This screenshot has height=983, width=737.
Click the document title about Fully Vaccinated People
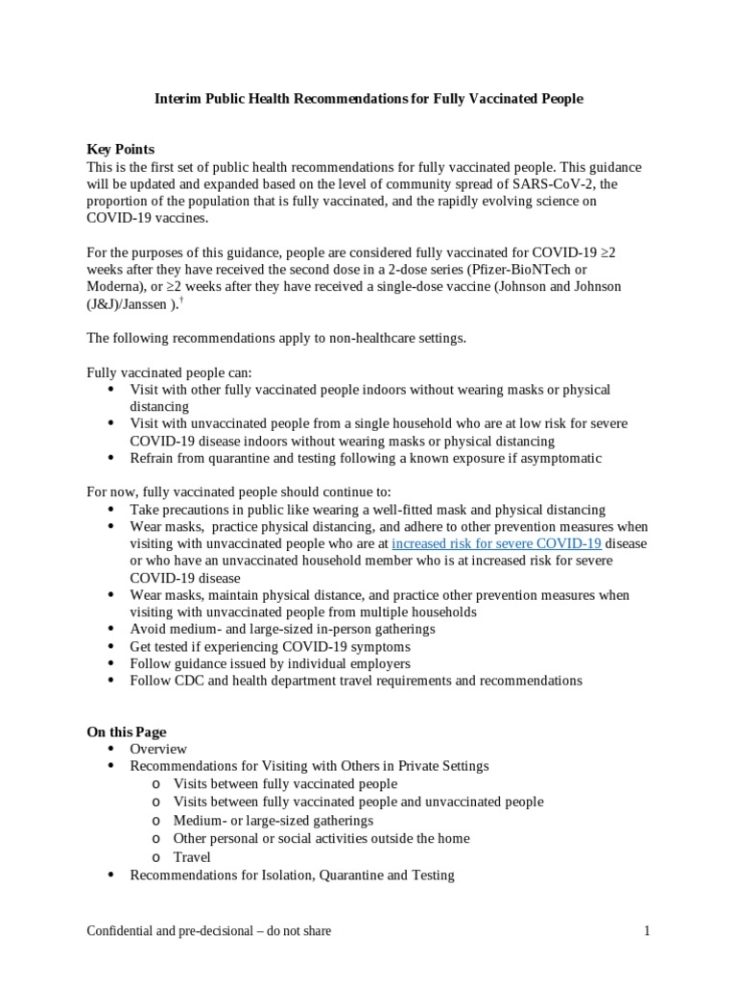pyautogui.click(x=368, y=99)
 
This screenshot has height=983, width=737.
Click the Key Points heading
pyautogui.click(x=120, y=150)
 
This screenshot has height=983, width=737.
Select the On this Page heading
pyautogui.click(x=127, y=731)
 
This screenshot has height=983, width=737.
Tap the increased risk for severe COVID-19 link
pyautogui.click(x=496, y=543)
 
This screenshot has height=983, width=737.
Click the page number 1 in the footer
pyautogui.click(x=647, y=931)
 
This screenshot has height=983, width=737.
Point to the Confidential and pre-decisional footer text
pyautogui.click(x=209, y=931)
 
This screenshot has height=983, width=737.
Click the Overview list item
pyautogui.click(x=158, y=749)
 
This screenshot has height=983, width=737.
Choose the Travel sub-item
pyautogui.click(x=192, y=856)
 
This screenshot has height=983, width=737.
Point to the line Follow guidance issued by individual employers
pyautogui.click(x=270, y=663)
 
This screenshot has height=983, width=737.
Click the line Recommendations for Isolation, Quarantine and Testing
pyautogui.click(x=292, y=875)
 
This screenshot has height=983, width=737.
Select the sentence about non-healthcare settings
pyautogui.click(x=276, y=338)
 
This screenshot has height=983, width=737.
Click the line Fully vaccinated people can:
pyautogui.click(x=170, y=372)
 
